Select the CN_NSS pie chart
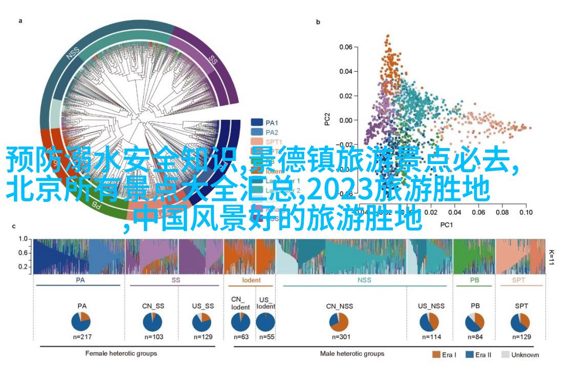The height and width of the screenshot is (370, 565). click(339, 321)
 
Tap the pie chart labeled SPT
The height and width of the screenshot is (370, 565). click(521, 321)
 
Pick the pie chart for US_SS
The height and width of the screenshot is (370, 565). click(202, 321)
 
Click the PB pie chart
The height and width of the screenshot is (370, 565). click(475, 321)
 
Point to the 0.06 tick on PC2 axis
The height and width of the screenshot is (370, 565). click(347, 47)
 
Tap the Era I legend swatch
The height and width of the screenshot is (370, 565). click(436, 355)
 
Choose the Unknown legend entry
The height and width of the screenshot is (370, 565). click(520, 355)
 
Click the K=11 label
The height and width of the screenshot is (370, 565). click(552, 257)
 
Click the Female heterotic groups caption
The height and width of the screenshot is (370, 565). click(121, 354)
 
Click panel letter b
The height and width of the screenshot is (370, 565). click(318, 22)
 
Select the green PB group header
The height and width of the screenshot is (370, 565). click(474, 280)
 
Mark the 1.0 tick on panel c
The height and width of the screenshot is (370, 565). click(23, 239)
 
